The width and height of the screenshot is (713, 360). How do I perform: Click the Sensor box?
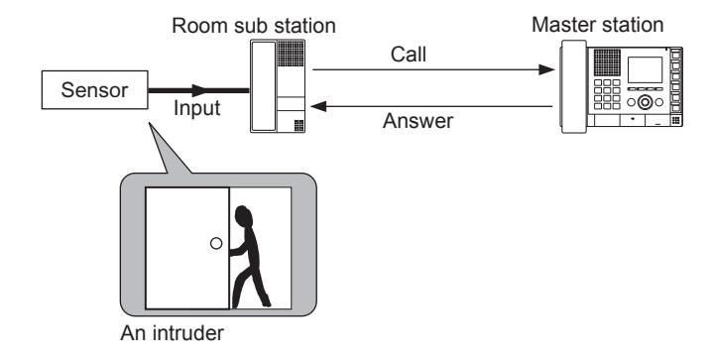(94, 90)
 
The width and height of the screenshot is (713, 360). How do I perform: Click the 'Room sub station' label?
(254, 26)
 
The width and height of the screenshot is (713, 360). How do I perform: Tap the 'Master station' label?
(598, 24)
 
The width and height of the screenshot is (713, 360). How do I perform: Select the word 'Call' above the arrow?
(409, 55)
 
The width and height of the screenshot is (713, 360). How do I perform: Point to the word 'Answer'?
(417, 121)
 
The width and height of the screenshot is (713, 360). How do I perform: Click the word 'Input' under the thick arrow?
(197, 109)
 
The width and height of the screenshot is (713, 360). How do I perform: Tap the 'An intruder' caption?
(172, 333)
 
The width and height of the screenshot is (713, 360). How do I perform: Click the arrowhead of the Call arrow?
(546, 69)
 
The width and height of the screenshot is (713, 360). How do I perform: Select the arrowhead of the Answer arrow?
(318, 106)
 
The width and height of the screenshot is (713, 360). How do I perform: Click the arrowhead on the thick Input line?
(199, 90)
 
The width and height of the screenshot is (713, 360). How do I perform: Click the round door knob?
(216, 244)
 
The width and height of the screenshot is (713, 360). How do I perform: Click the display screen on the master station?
(645, 70)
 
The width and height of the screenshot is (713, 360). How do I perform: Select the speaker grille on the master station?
(607, 62)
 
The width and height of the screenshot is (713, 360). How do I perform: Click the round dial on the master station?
(645, 102)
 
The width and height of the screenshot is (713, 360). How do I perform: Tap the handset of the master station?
(573, 86)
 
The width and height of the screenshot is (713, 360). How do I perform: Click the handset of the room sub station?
(264, 86)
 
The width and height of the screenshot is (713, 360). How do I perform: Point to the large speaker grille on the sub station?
(291, 54)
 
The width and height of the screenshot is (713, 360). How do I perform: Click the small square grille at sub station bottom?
(298, 125)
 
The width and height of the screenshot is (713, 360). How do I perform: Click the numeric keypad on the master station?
(607, 94)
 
